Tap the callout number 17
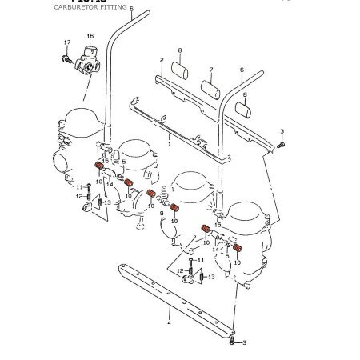tap(66, 42)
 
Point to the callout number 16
tap(90, 37)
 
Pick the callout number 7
tap(210, 70)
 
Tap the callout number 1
tap(169, 147)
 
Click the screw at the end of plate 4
tap(231, 342)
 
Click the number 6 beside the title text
tap(131, 8)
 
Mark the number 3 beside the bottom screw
tap(244, 342)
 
